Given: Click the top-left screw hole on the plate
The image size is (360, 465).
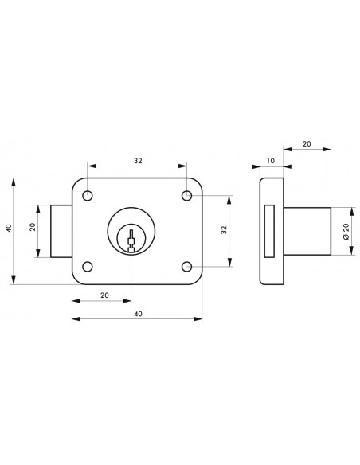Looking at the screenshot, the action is coord(88,196).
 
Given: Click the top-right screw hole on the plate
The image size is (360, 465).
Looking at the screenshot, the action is coord(187,196).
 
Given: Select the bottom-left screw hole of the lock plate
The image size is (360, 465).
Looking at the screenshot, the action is coord(88,267).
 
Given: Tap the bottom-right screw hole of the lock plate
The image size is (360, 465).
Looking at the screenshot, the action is coord(187,267).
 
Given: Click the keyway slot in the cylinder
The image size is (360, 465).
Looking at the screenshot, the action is coord(131,240).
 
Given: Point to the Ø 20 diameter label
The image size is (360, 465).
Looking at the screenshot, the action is coord(346,231).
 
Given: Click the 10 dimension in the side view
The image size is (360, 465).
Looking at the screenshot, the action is coord(271,161).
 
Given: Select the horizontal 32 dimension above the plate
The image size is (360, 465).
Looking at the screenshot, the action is coord(138,161).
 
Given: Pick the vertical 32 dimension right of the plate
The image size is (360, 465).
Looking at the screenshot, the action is coord(224,230).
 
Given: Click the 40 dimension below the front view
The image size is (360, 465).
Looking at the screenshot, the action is coord(138,314).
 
